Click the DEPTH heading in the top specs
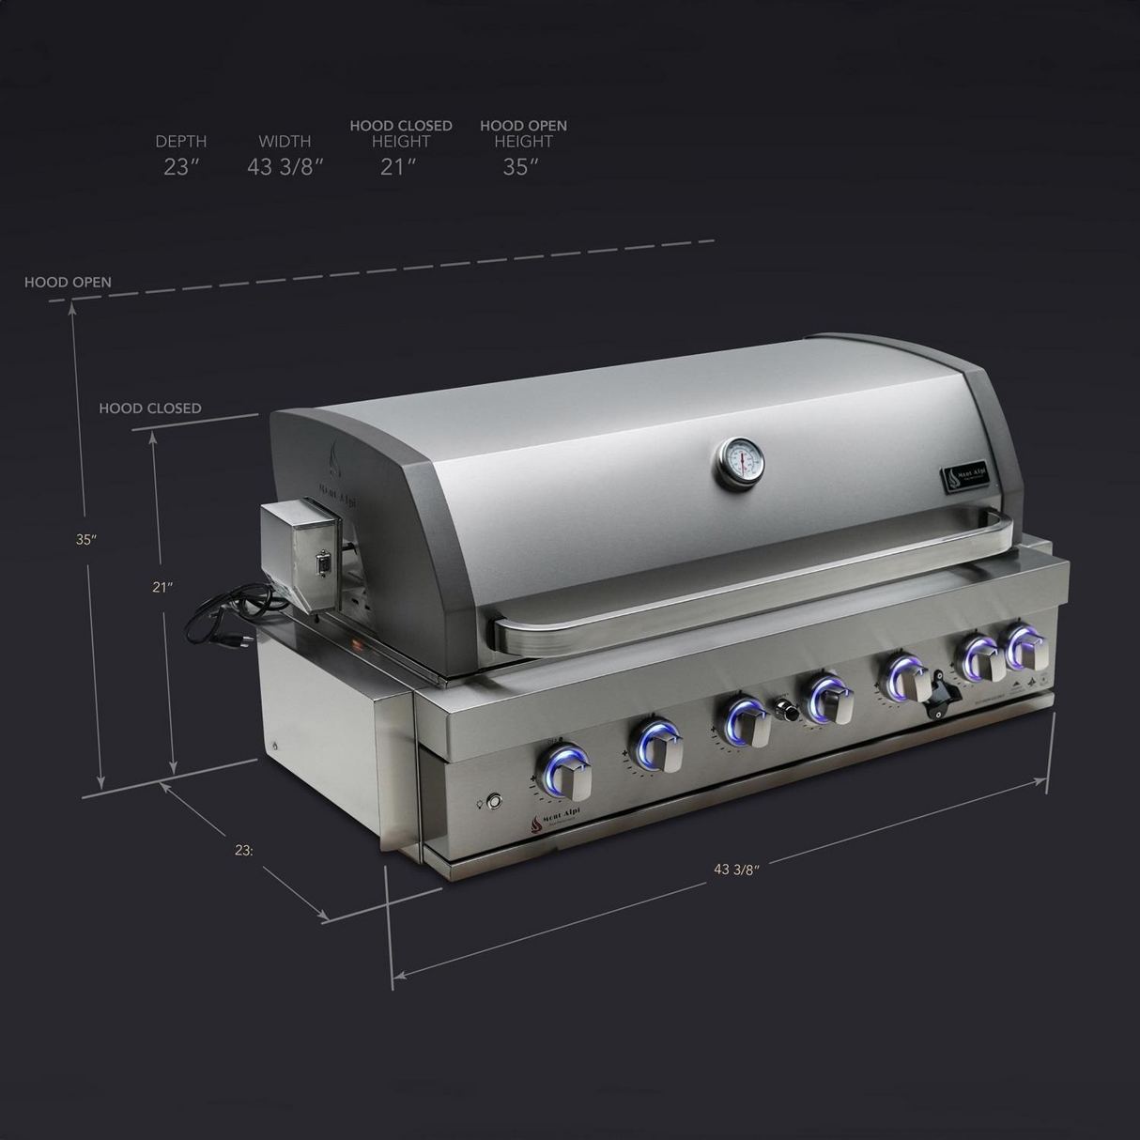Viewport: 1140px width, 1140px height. [x=181, y=142]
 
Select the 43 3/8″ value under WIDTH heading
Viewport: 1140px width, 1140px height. [x=285, y=167]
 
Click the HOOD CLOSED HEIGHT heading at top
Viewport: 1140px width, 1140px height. [x=401, y=133]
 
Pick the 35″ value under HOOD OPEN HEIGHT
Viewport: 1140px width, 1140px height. [x=521, y=167]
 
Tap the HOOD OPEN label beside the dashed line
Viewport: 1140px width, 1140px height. [x=68, y=282]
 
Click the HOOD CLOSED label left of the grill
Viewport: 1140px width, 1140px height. [x=150, y=408]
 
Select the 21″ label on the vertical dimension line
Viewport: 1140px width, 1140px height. [x=163, y=587]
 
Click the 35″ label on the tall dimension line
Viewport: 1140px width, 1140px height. [x=86, y=539]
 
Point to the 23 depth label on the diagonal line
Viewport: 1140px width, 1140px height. [x=244, y=851]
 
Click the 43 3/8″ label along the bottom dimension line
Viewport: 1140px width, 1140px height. [x=736, y=869]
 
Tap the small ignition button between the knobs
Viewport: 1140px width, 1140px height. [x=788, y=714]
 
